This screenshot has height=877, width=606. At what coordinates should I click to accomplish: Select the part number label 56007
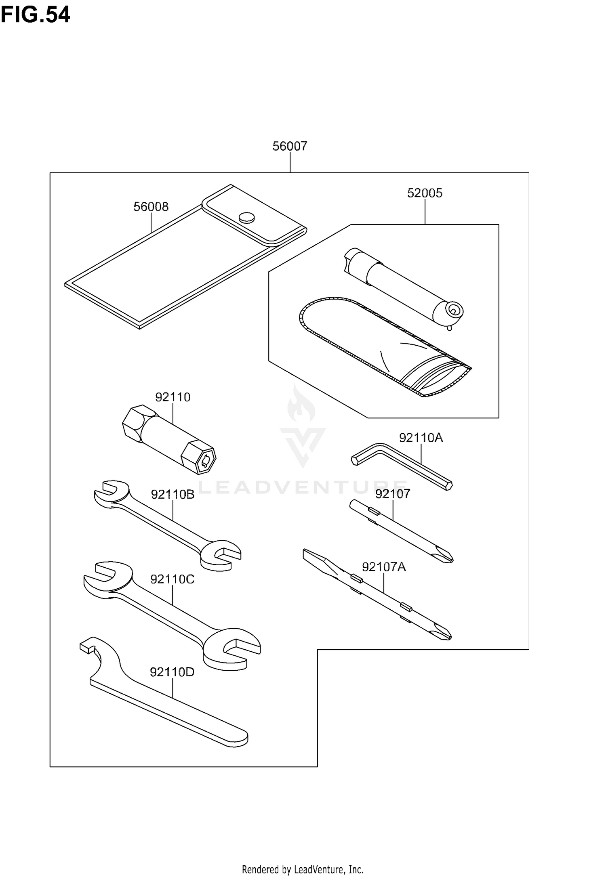coord(290,146)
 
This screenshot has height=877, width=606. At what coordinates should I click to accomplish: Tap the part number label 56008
coord(151,207)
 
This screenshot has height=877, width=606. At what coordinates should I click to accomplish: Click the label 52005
coord(425,193)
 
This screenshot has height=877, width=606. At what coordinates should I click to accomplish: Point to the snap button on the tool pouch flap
coord(247,218)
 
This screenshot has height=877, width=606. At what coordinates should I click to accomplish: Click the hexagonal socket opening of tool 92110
coord(205,460)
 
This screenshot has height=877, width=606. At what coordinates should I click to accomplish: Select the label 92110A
coord(421,438)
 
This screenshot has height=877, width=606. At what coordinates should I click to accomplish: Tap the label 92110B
coord(173,494)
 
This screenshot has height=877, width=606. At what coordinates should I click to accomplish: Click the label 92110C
coord(172,579)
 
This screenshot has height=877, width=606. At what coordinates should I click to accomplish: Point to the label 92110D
coord(172,672)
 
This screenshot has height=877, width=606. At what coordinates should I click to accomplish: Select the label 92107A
coord(383,567)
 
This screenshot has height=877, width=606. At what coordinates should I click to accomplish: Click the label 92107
coord(392,494)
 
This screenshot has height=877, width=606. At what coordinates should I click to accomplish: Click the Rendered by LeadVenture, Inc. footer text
coord(303,869)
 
